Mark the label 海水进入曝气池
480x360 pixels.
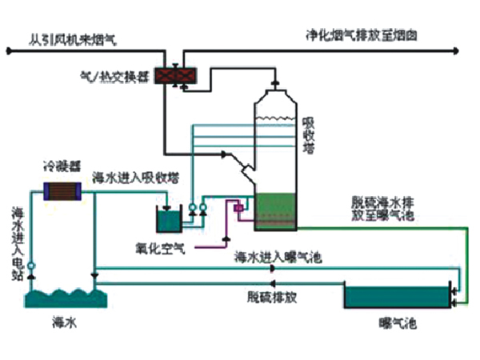[278, 258]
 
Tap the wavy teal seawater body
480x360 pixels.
[63, 298]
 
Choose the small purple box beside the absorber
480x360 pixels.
[238, 209]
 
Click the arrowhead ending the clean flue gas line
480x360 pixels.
[454, 52]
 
